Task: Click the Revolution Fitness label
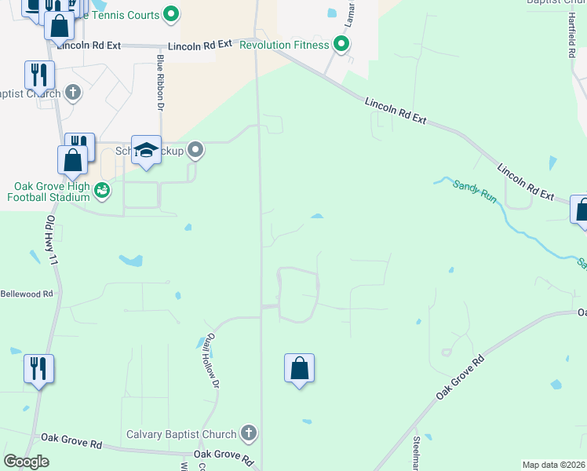coord(284,45)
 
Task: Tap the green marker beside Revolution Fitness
coord(341,44)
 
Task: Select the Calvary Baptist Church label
coord(181,434)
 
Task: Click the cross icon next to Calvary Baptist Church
coord(248,433)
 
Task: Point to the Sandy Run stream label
coord(475,192)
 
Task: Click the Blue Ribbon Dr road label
coord(160,82)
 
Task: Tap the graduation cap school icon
coord(146,150)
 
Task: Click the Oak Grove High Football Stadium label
coord(49,192)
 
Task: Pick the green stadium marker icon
coord(102,190)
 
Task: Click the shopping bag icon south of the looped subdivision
coord(300,368)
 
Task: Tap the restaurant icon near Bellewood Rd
coord(38,368)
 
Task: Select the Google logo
coord(26,462)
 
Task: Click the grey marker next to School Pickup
coord(195,149)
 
